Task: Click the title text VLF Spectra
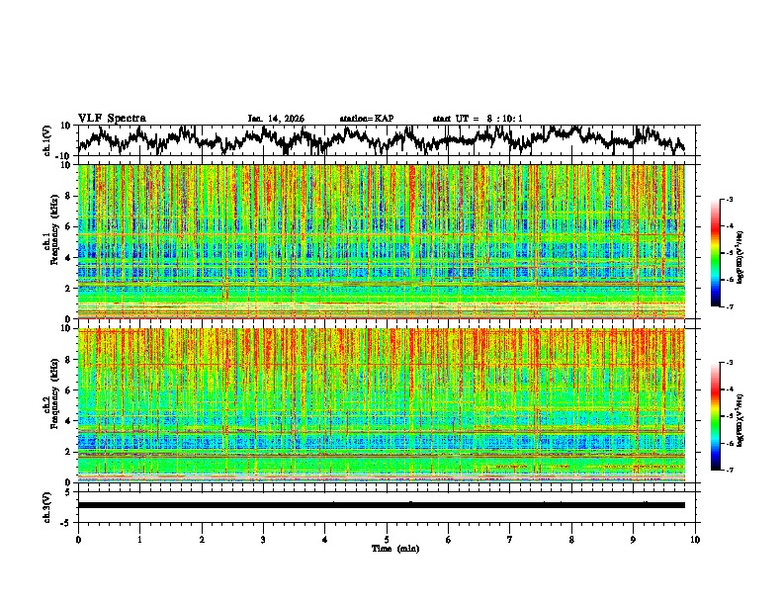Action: [112, 118]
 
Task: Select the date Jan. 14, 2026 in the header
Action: [276, 119]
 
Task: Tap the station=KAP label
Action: [366, 119]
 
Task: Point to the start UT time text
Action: [478, 119]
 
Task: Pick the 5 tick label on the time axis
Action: [387, 539]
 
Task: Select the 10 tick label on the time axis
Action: [695, 539]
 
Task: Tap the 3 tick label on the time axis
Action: [263, 539]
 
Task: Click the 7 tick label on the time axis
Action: [510, 539]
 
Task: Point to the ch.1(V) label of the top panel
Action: [46, 140]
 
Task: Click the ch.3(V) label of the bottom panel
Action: [46, 505]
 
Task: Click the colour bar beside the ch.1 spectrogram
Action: [725, 253]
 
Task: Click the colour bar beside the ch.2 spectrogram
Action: [725, 416]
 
